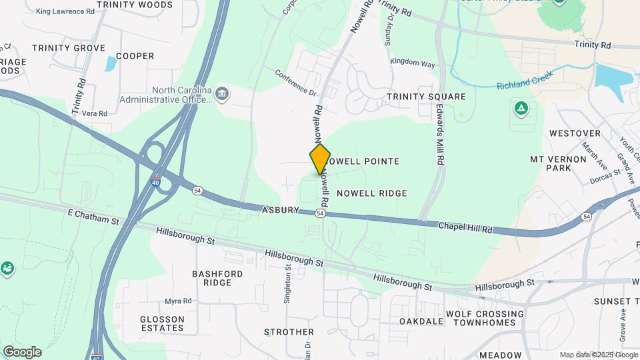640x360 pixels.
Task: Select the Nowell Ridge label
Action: [371, 193]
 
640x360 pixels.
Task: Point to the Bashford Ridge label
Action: [217, 278]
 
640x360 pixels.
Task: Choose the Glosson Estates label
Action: [162, 323]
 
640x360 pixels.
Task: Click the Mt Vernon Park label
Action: [551, 163]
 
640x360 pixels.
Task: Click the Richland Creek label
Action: [526, 86]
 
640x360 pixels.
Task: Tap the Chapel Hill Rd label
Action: [465, 228]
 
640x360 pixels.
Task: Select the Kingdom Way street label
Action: [412, 63]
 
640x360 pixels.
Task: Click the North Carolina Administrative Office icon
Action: [221, 95]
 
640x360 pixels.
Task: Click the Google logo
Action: [22, 352]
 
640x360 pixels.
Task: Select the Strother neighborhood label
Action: [289, 332]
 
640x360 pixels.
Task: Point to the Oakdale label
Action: [421, 321]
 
